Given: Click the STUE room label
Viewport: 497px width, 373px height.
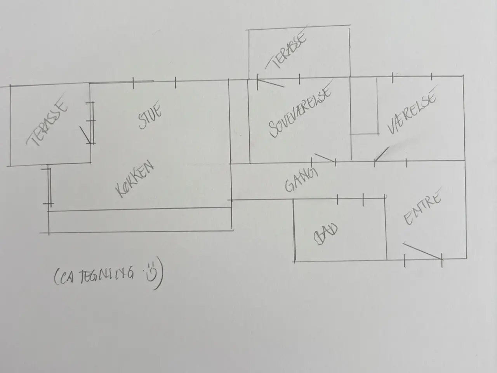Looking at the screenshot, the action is (150, 116).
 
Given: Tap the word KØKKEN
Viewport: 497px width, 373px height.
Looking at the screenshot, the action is (134, 179).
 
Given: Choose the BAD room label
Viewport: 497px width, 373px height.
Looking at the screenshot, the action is (325, 234).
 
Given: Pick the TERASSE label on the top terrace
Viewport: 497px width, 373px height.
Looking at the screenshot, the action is (287, 51).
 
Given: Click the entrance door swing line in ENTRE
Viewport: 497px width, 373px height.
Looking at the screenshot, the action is (422, 251).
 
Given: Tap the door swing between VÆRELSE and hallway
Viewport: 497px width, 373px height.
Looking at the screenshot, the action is (382, 154).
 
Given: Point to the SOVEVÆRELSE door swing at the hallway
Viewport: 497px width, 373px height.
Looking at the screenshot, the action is (325, 158).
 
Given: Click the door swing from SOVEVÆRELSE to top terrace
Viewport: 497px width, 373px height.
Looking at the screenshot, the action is (271, 82).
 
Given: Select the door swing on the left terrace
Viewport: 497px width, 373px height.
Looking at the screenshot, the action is (85, 135).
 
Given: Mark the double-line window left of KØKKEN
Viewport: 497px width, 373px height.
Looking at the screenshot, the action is (49, 186).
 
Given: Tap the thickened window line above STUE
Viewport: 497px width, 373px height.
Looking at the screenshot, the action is (144, 81).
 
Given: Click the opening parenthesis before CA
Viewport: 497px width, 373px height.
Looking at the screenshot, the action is (56, 277).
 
